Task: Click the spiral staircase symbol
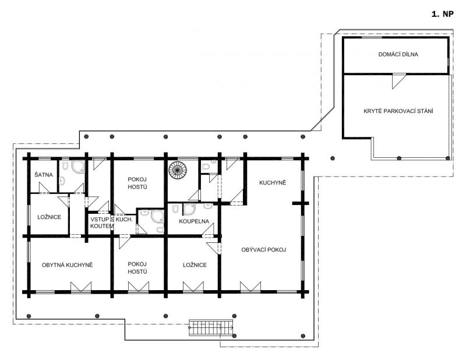(x=178, y=170)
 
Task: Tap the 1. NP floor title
(x=443, y=14)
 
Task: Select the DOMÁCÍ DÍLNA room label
(x=398, y=54)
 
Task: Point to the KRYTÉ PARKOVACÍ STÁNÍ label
(x=398, y=111)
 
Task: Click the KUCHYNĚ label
(x=273, y=182)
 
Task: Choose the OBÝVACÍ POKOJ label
(x=264, y=250)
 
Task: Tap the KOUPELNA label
(x=194, y=221)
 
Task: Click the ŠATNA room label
(x=43, y=175)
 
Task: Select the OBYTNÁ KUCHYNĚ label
(x=67, y=265)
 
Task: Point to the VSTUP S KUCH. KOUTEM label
(x=111, y=223)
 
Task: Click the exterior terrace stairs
(x=211, y=328)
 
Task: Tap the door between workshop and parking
(x=399, y=81)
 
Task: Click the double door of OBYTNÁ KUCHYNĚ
(x=80, y=287)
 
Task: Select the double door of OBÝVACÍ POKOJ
(x=250, y=287)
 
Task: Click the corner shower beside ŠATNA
(x=78, y=167)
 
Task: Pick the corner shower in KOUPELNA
(x=189, y=209)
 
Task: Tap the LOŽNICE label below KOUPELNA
(x=195, y=265)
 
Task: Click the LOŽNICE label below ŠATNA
(x=49, y=217)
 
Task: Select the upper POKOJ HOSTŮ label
(x=137, y=183)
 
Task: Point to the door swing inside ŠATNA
(x=44, y=188)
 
